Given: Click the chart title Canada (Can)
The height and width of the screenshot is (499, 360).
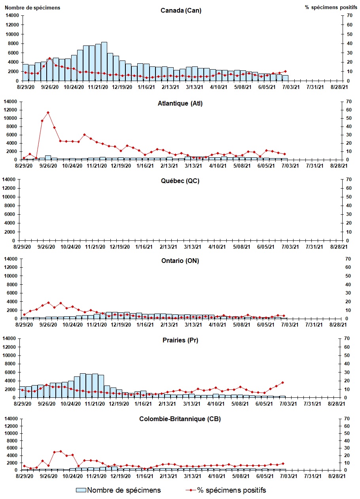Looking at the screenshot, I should coord(181,10).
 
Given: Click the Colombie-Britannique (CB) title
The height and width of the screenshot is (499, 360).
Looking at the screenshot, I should coord(180,419).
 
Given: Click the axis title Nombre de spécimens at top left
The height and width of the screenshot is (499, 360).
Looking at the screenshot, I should coord(32,8).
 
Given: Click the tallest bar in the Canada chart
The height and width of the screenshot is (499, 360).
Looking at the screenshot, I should coord(104,61).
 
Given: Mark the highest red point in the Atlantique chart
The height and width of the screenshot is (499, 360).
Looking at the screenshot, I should coord(48,112).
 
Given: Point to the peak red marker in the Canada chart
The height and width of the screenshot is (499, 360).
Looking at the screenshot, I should coord(49,58).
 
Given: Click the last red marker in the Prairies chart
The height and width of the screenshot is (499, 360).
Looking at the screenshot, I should coord(282,382).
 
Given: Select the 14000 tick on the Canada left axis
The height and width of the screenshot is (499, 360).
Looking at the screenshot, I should coord(13,15).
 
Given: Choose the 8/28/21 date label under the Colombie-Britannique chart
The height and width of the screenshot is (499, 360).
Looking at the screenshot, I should coord(339,476).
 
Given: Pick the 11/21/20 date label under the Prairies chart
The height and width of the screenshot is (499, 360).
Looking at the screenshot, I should coord(95,403).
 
